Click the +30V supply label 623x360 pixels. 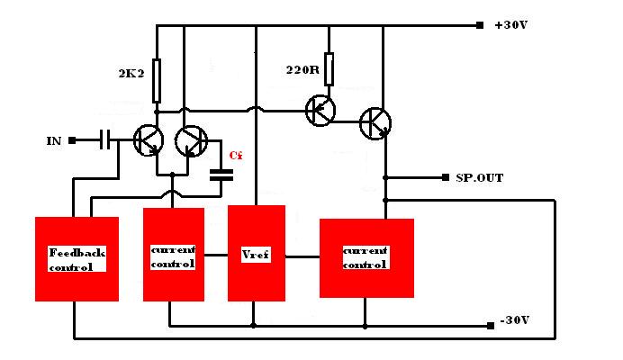[x=510, y=25]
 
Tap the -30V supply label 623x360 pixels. [x=515, y=319]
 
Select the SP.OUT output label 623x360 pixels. [x=479, y=177]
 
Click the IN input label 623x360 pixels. [x=54, y=141]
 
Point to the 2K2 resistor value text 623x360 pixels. [x=131, y=74]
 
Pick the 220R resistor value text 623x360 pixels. [x=302, y=70]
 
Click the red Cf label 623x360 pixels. [x=236, y=156]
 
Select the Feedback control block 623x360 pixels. [x=77, y=258]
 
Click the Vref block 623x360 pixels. [x=257, y=253]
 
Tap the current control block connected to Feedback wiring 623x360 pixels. [x=174, y=255]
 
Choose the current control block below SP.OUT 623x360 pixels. [x=366, y=258]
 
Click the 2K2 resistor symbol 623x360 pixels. [x=157, y=81]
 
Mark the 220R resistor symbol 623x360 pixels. [x=329, y=68]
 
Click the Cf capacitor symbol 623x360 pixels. [x=221, y=175]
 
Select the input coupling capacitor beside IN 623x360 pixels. [x=105, y=140]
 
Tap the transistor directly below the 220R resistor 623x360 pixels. [x=321, y=111]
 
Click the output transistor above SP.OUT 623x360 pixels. [x=375, y=123]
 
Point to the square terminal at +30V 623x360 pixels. [x=480, y=25]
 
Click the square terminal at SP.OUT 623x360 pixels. [x=446, y=177]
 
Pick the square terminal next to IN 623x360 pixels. [x=72, y=140]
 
